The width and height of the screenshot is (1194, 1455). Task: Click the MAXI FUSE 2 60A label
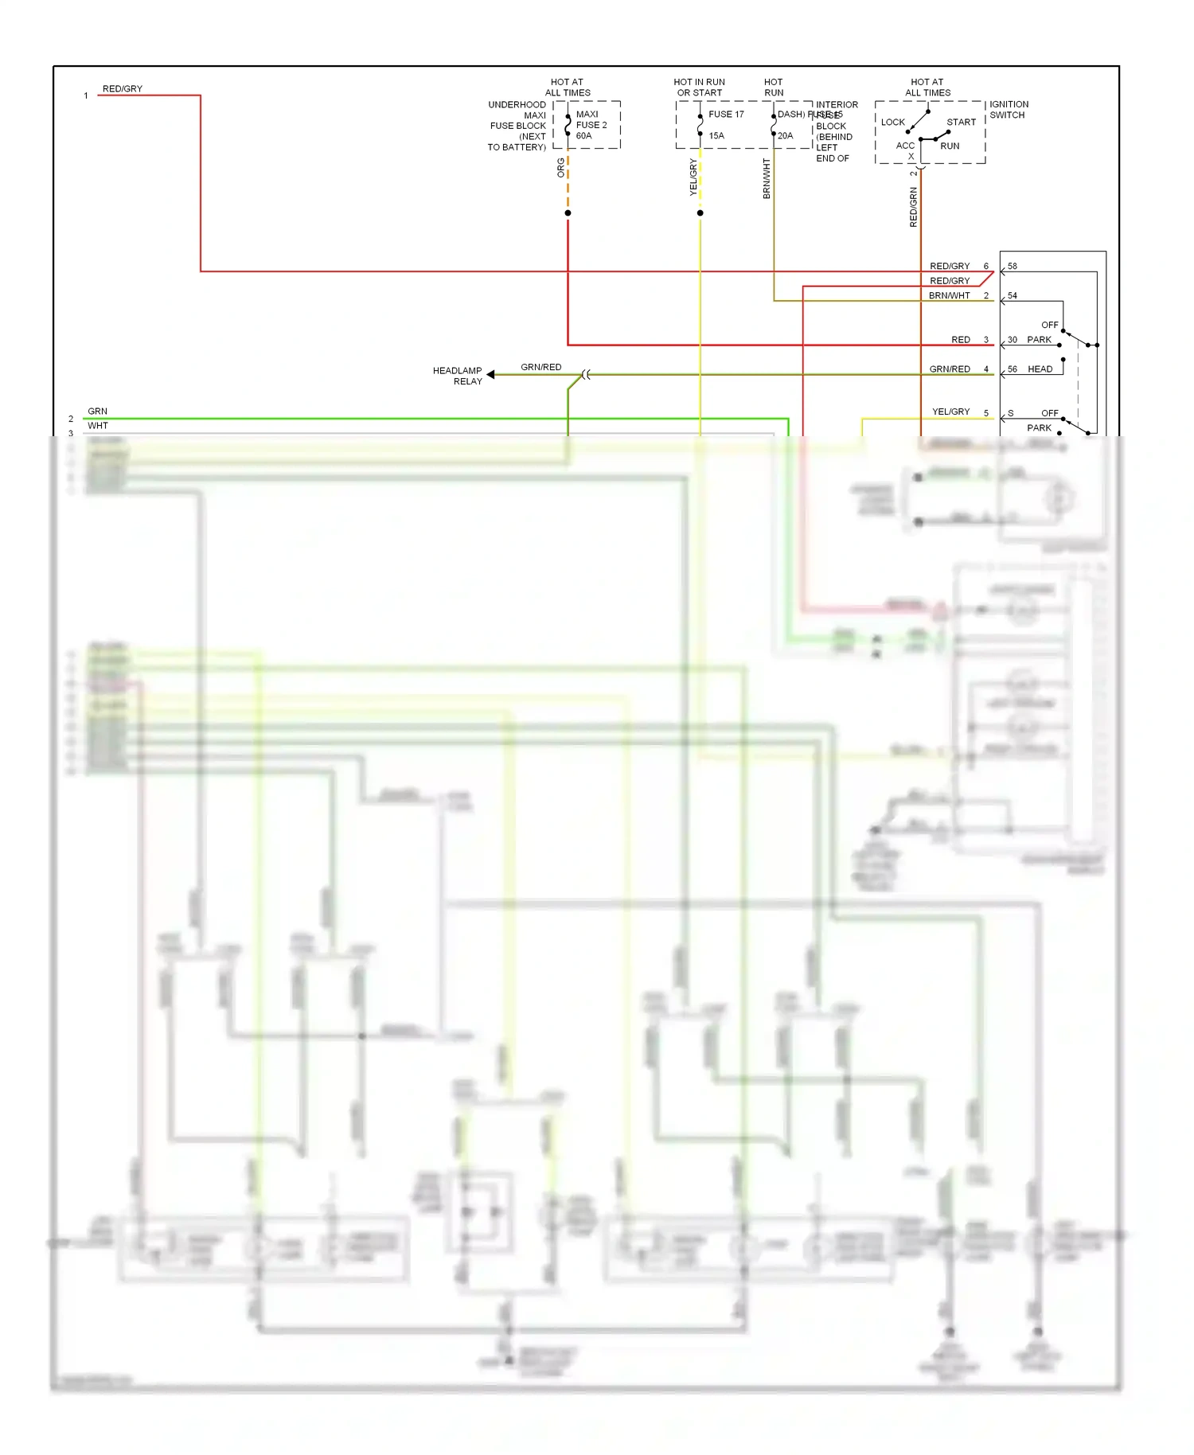coord(591,125)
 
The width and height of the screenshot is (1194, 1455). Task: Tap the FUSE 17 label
coord(726,115)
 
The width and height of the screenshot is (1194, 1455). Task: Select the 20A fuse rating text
coord(785,136)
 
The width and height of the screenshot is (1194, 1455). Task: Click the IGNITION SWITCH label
coord(1009,110)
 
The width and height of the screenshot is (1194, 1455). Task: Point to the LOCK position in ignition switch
coord(892,123)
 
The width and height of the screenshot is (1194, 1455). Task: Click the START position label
coord(961,123)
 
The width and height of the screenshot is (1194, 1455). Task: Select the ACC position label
coord(905,146)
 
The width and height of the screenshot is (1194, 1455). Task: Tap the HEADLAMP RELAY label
coord(458,376)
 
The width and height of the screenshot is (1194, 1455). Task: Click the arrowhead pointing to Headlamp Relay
coord(491,374)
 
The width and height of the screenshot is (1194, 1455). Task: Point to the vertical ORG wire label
coord(561,167)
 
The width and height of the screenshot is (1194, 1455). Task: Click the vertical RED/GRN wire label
coord(913,207)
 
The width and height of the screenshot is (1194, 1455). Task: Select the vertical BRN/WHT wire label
coord(767,178)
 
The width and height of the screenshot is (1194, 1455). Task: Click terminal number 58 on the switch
coord(1012,266)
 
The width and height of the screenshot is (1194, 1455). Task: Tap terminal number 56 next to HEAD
coord(1012,369)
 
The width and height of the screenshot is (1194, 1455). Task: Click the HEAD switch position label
coord(1040,369)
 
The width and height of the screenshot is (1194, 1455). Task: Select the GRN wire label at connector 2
coord(97,412)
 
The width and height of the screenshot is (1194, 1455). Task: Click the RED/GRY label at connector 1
coord(123,89)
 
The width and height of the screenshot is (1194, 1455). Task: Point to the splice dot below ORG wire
coord(568,213)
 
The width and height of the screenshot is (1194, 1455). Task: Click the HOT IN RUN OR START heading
coord(699,88)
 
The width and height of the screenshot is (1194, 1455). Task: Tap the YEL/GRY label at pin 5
coord(950,412)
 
